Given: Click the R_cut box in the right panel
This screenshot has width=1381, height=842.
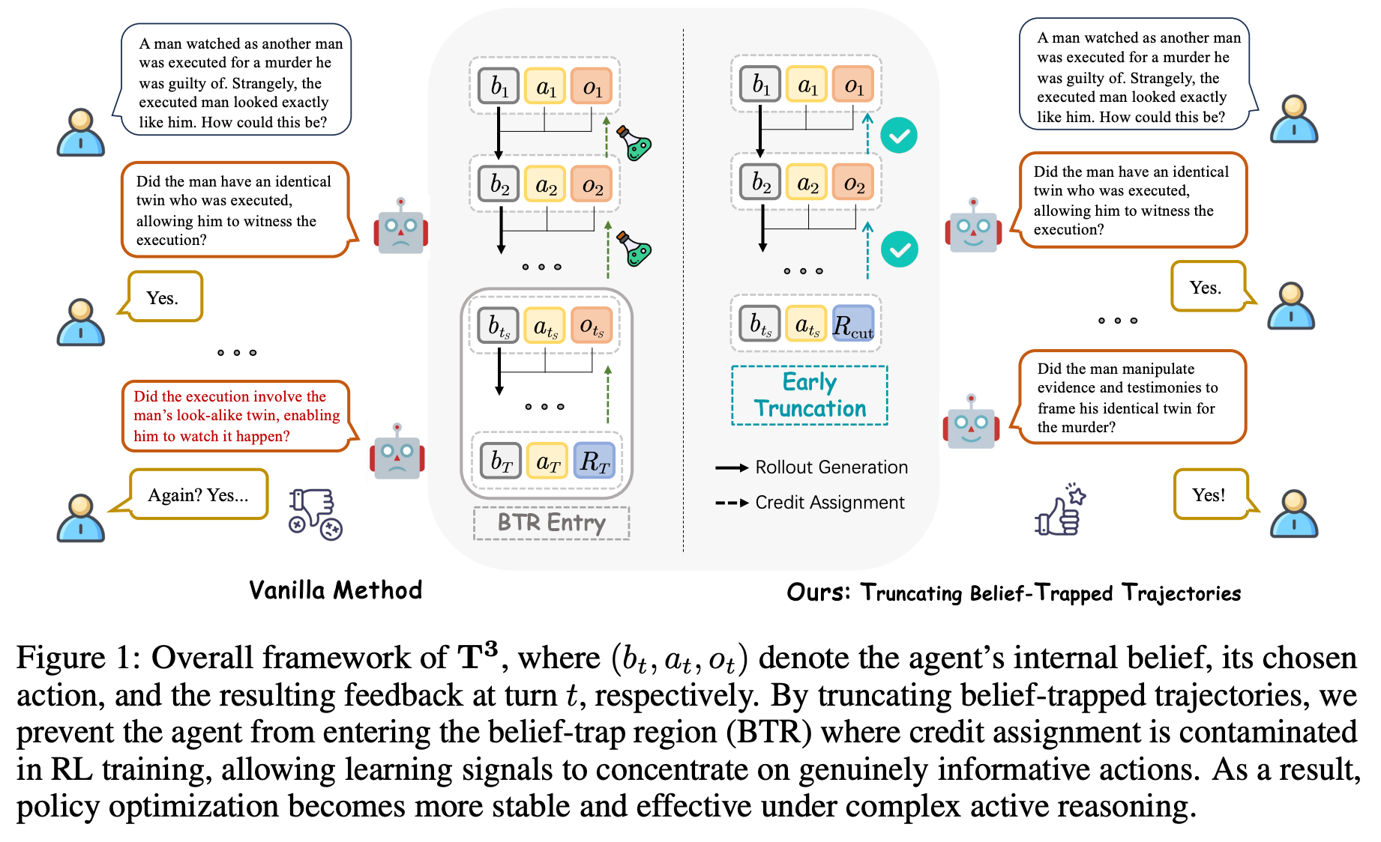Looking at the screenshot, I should pyautogui.click(x=853, y=324).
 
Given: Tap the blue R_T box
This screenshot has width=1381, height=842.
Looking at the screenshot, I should pyautogui.click(x=594, y=461).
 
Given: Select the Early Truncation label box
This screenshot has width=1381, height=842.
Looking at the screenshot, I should pyautogui.click(x=810, y=396).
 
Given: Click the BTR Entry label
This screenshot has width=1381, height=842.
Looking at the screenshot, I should pyautogui.click(x=551, y=523).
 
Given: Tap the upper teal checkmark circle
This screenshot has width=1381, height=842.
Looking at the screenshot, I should pyautogui.click(x=898, y=136).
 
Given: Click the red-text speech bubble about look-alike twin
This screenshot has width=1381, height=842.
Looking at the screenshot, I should pyautogui.click(x=236, y=417).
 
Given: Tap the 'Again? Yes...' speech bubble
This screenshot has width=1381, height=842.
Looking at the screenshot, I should pyautogui.click(x=198, y=494).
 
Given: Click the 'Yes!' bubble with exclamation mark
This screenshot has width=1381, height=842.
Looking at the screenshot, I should pyautogui.click(x=1209, y=494).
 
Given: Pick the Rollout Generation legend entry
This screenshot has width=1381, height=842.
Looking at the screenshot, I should pyautogui.click(x=811, y=467).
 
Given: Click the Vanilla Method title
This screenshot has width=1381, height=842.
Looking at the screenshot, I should pyautogui.click(x=335, y=590).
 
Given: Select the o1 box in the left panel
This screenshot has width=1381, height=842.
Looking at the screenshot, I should pyautogui.click(x=592, y=86).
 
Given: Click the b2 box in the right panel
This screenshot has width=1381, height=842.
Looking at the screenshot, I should pyautogui.click(x=760, y=182).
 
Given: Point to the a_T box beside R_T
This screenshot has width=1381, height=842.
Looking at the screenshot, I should pyautogui.click(x=548, y=461).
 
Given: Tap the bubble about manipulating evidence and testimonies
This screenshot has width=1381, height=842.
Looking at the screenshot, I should pyautogui.click(x=1131, y=397).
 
